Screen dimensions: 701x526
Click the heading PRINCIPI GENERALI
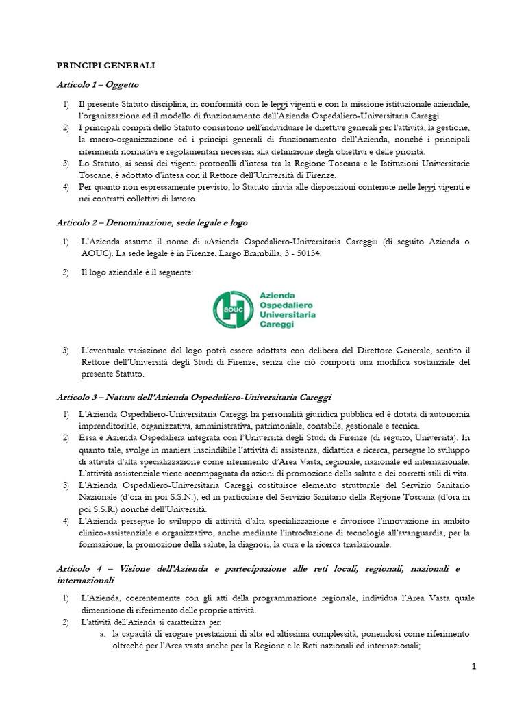(x=105, y=65)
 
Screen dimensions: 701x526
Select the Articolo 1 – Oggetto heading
(x=97, y=84)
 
